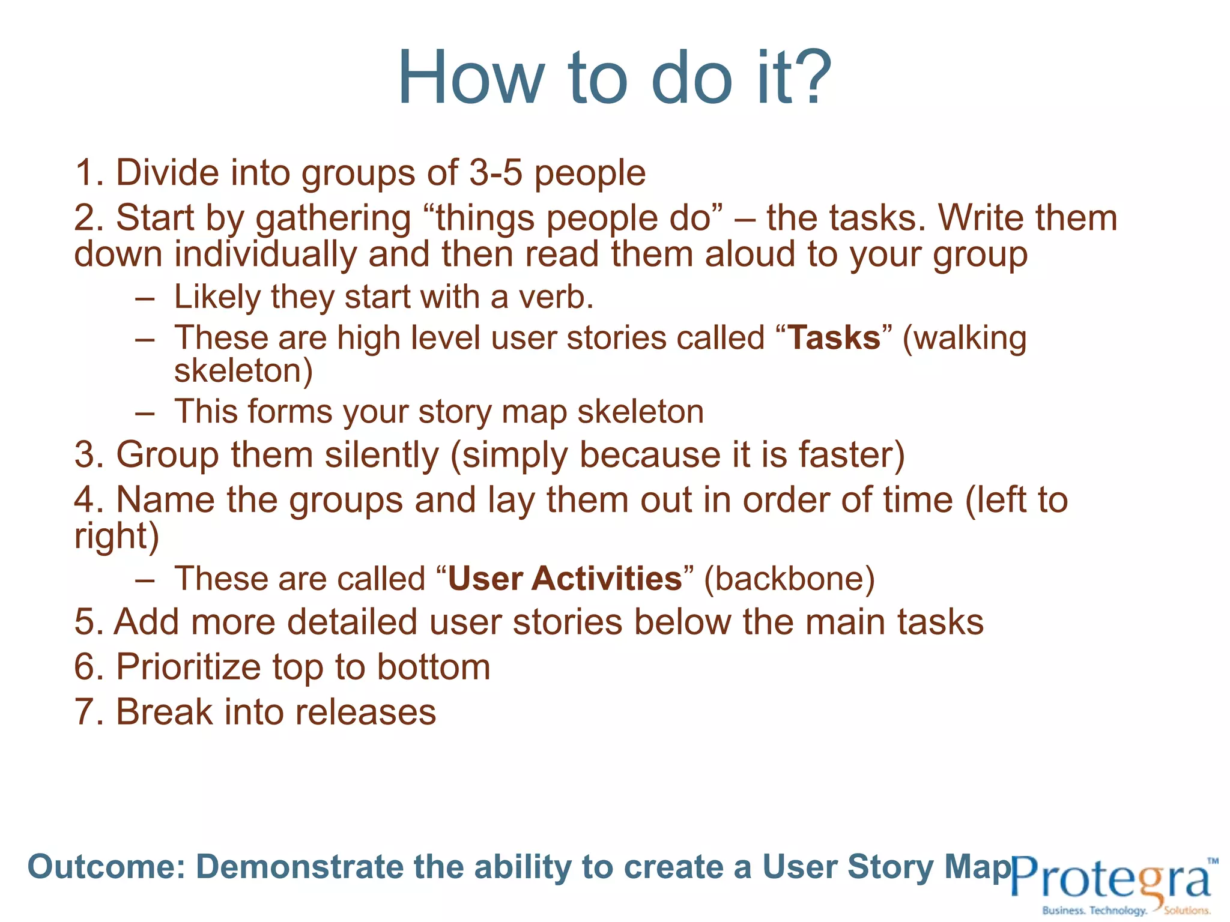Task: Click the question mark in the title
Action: tap(812, 78)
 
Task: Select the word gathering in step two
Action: tap(333, 219)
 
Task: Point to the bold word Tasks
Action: tap(834, 338)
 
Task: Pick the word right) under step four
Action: tap(117, 536)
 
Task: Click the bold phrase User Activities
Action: tap(565, 579)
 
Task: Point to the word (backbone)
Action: tap(789, 579)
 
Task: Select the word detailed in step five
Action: tap(352, 622)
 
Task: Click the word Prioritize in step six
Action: tap(189, 667)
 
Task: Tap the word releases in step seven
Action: tap(365, 713)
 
